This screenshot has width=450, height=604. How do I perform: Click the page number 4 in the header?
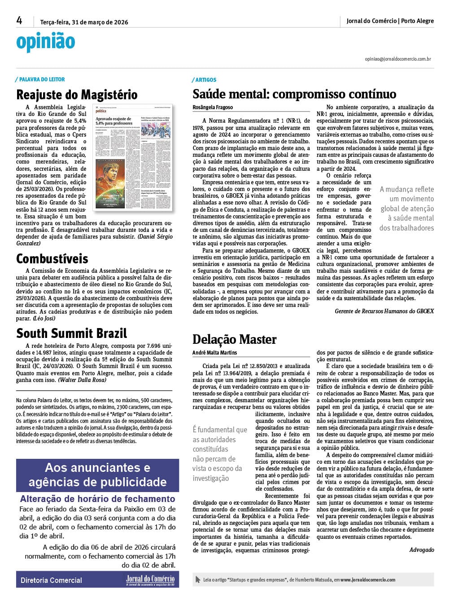point(19,21)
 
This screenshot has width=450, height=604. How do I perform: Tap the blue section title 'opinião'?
point(45,42)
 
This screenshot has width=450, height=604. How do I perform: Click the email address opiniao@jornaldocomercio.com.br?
point(398,59)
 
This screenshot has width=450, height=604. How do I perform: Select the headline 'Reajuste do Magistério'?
point(77,95)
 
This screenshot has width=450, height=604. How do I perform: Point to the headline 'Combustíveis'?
point(52,259)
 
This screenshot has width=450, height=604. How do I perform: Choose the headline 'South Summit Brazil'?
point(71,333)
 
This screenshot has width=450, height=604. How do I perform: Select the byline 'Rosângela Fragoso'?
point(213,107)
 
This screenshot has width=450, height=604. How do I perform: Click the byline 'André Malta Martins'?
point(214,353)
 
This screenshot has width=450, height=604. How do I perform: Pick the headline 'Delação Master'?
point(234,340)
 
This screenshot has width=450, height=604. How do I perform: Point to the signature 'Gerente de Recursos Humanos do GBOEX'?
point(384,311)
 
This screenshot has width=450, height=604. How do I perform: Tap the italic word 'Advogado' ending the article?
point(421,550)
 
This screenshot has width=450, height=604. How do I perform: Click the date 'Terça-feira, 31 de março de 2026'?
point(84,22)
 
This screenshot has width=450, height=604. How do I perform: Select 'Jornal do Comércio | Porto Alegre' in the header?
point(390,21)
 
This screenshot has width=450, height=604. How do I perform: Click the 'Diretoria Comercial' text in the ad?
point(51,580)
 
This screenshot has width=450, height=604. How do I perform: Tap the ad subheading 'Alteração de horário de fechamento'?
point(97,499)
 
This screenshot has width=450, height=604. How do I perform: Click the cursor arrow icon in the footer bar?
point(198,580)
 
